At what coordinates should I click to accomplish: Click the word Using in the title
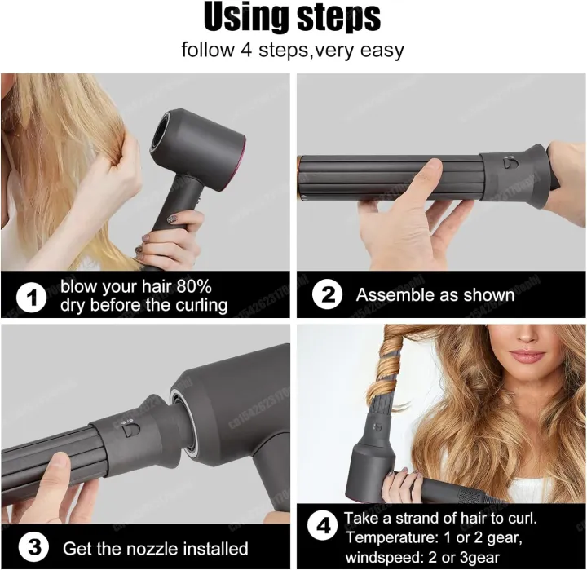245,17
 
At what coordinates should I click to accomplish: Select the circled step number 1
32,298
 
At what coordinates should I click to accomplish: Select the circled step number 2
327,295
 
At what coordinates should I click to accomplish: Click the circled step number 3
32,547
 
